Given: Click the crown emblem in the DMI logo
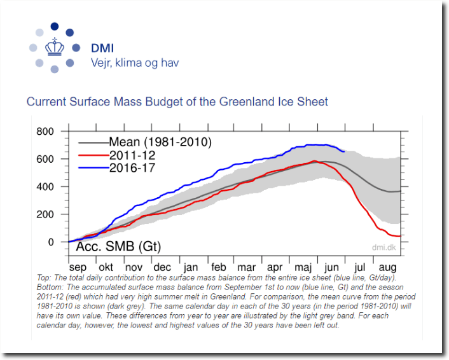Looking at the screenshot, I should pos(54,48).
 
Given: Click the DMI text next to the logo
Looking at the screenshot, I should pos(102,48).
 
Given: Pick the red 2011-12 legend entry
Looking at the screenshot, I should pos(132,155).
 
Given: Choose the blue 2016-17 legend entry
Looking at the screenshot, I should pos(132,168).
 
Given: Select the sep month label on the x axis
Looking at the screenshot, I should pos(78,268).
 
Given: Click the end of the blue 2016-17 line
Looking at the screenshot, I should pos(344,151).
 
